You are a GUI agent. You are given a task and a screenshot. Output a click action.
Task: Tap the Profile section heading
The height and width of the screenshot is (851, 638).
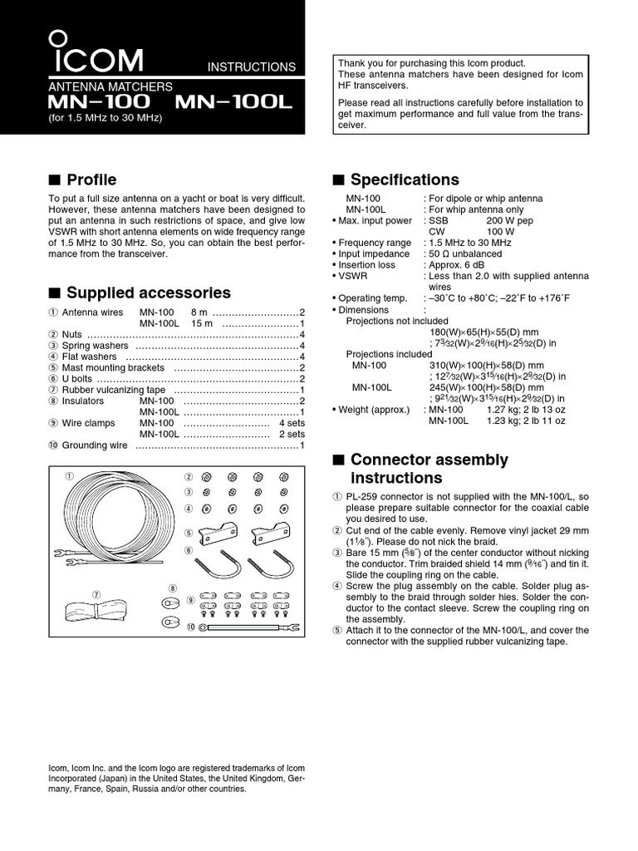(91, 180)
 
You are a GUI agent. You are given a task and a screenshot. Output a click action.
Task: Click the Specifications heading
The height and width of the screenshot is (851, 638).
(405, 180)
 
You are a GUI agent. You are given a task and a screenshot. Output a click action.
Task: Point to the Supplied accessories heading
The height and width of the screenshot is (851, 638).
(148, 293)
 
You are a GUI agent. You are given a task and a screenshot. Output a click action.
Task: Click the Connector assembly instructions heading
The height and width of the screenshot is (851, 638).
(429, 469)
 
